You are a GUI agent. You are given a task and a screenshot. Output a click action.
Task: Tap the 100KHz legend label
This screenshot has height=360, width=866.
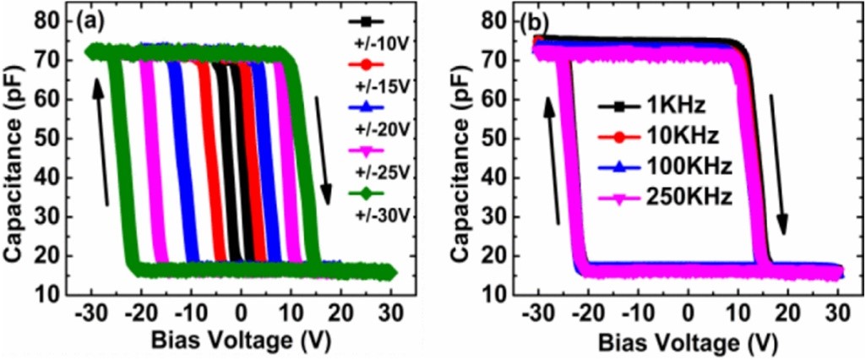click(680, 166)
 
